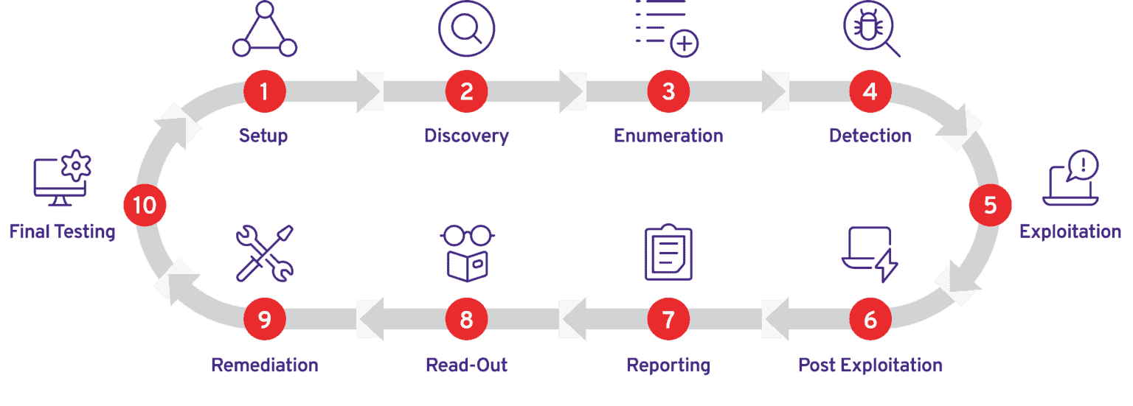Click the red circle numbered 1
point(264,91)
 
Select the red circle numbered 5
point(990,205)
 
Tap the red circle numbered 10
point(145,205)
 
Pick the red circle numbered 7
point(668,320)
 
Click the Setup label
point(263,136)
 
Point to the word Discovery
point(466,136)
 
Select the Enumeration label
point(668,136)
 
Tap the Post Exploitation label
point(870,365)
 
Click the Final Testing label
point(62,232)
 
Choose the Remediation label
point(265,365)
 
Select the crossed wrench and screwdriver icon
point(264,253)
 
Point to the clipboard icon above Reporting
point(668,252)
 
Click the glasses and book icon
point(467,253)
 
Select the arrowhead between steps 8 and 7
point(572,320)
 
